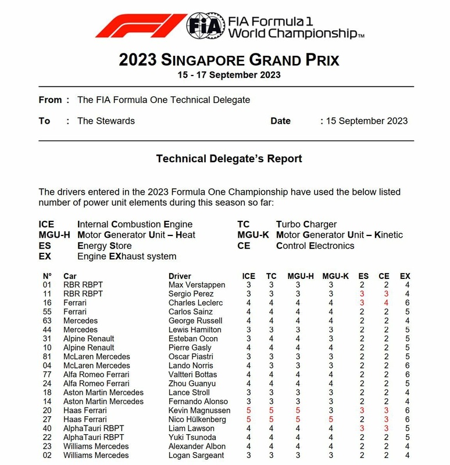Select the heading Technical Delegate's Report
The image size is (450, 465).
pos(229,158)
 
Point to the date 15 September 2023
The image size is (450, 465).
pos(366,121)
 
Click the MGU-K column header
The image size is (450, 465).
pos(335,276)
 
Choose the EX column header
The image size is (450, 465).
pos(405,276)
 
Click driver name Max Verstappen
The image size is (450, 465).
pos(195,285)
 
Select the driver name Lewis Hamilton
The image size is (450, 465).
pos(195,330)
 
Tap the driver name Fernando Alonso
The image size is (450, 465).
pos(197,401)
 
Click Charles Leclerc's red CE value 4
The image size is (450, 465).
pos(385,303)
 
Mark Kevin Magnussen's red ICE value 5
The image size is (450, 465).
pos(249,410)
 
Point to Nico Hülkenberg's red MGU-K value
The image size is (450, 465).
pos(331,419)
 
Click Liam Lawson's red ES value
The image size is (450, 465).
pos(362,428)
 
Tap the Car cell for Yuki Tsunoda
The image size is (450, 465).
pos(93,437)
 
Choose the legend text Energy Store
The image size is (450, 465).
pos(104,246)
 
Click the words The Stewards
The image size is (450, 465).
pos(106,121)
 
